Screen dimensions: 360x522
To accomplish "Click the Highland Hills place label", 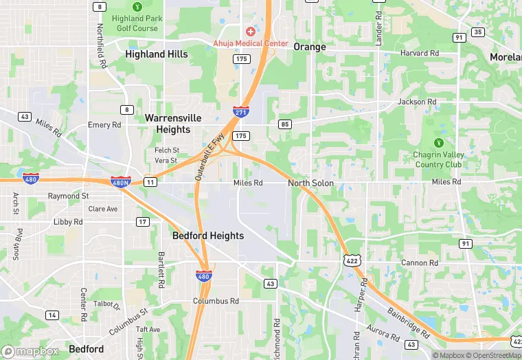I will click(157, 54).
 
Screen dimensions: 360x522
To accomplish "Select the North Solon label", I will click(310, 183).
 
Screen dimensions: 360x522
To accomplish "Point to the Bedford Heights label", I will click(207, 236).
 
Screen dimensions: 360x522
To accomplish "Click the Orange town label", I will click(309, 47).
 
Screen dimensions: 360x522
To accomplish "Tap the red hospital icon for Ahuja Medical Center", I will click(250, 32).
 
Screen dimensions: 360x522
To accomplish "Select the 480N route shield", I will click(120, 181).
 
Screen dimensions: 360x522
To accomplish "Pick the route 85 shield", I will click(284, 124).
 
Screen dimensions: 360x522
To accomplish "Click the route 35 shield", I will click(478, 32).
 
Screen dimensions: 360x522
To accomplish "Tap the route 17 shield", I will click(142, 221).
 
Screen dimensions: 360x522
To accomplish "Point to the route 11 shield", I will click(150, 181).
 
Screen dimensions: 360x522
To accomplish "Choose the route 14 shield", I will click(52, 315).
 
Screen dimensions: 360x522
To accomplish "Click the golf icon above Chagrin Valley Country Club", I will click(439, 143).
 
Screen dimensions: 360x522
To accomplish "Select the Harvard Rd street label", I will click(420, 53).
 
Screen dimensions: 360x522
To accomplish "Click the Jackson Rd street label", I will click(417, 102).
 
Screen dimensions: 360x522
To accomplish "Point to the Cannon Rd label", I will click(419, 263).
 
